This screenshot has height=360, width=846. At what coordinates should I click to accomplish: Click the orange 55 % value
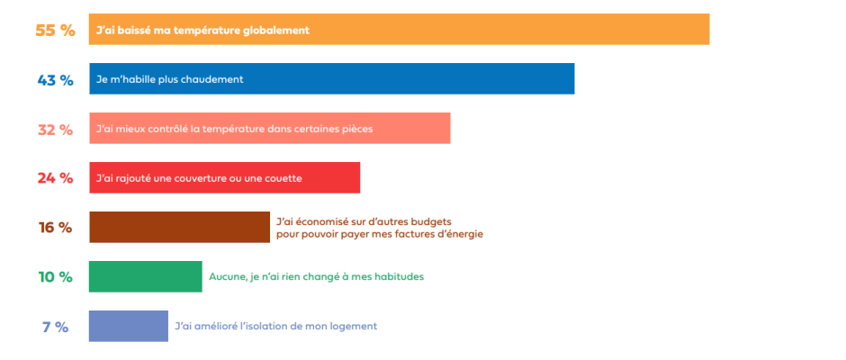pos(55,31)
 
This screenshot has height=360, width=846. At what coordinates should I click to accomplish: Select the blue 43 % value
pos(55,80)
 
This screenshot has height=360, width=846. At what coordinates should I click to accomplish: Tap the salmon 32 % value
pos(55,130)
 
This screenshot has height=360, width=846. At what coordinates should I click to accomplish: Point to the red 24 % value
pos(55,178)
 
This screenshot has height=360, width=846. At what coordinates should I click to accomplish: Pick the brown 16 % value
pos(55,228)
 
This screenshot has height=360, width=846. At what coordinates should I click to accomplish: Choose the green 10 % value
pos(55,277)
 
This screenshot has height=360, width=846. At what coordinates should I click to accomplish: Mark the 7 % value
pos(56,327)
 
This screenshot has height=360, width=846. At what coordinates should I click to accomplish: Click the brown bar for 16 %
pos(180,227)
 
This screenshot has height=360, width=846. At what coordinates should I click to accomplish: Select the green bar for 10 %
pos(146,277)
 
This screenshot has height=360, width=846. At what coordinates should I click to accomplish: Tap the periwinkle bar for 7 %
pos(129,326)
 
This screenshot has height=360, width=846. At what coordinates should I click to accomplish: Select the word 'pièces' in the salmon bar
pos(356,130)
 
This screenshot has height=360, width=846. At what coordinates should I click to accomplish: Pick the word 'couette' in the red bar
pos(283,179)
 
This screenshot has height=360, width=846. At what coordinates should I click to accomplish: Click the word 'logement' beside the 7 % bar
pos(355,327)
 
